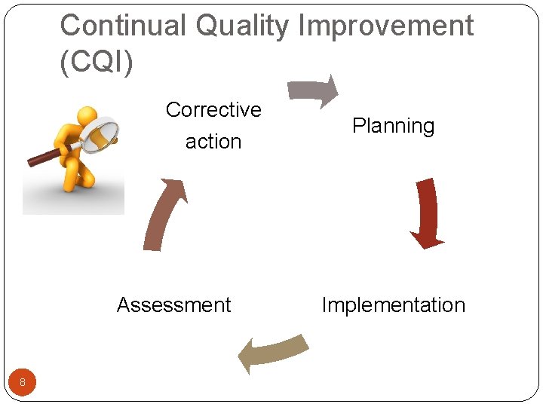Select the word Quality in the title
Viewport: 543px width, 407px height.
pyautogui.click(x=242, y=26)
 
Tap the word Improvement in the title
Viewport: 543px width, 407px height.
pyautogui.click(x=385, y=26)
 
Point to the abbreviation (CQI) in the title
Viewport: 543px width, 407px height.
pyautogui.click(x=96, y=62)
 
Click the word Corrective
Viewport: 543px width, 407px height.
pyautogui.click(x=213, y=110)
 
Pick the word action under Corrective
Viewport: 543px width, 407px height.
pyautogui.click(x=213, y=142)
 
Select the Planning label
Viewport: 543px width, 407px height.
pyautogui.click(x=393, y=126)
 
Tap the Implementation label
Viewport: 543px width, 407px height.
pyautogui.click(x=393, y=305)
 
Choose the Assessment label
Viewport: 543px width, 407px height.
pyautogui.click(x=173, y=305)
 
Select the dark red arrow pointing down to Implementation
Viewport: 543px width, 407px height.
pyautogui.click(x=427, y=212)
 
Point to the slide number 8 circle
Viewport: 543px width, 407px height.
pyautogui.click(x=23, y=383)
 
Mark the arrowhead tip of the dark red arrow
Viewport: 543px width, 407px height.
pyautogui.click(x=427, y=244)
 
